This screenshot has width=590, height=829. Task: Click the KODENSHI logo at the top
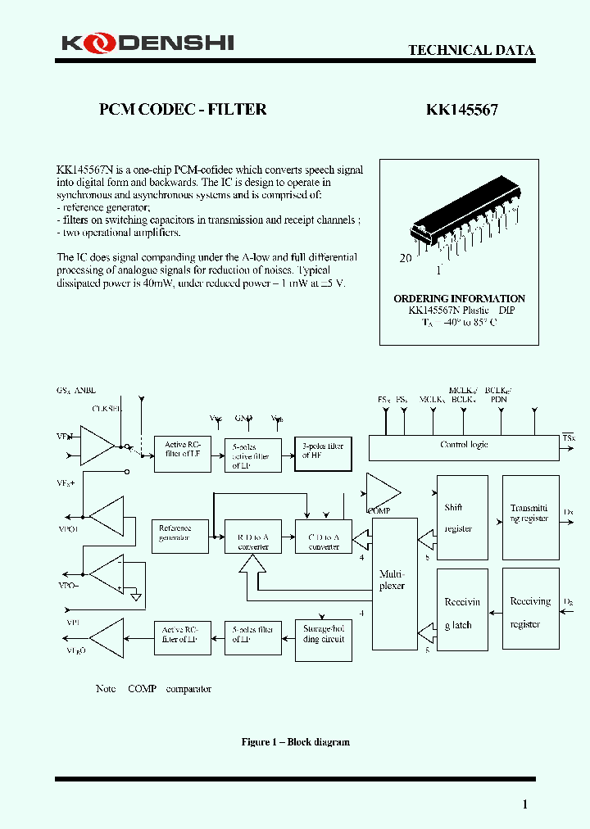pyautogui.click(x=145, y=43)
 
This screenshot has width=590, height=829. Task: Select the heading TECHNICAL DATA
pyautogui.click(x=471, y=50)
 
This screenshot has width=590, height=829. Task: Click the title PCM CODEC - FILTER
pyautogui.click(x=183, y=110)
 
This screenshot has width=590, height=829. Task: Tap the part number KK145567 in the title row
pyautogui.click(x=461, y=110)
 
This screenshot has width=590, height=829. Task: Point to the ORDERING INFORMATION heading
pyautogui.click(x=459, y=299)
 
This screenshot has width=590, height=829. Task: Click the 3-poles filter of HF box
pyautogui.click(x=323, y=453)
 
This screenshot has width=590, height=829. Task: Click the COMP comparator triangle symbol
pyautogui.click(x=381, y=492)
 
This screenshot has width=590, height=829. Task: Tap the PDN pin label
pyautogui.click(x=499, y=400)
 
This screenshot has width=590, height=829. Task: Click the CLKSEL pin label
pyautogui.click(x=107, y=408)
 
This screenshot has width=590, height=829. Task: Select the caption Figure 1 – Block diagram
pyautogui.click(x=295, y=742)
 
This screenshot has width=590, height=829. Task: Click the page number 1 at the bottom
pyautogui.click(x=525, y=804)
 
